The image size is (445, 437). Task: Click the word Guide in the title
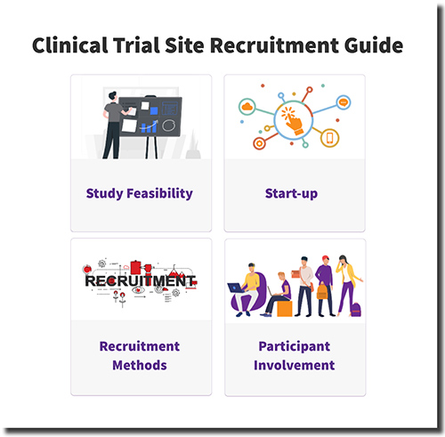(373, 45)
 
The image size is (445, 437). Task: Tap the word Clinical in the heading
(69, 45)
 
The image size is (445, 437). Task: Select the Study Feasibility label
(140, 193)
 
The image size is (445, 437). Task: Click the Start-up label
(291, 193)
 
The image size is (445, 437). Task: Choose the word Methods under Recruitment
(140, 365)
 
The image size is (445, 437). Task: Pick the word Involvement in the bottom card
(295, 365)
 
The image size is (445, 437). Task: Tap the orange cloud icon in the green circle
(247, 107)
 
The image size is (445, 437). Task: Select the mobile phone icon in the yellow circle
(329, 138)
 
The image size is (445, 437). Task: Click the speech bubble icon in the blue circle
(344, 102)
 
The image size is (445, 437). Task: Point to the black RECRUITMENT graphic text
(140, 281)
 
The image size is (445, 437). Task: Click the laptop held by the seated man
(236, 287)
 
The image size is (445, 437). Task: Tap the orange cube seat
(285, 309)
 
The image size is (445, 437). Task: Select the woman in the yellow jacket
(347, 285)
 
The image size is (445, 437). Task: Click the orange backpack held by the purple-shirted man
(322, 291)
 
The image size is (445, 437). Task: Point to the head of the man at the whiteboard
(112, 97)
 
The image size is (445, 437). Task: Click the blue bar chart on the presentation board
(150, 127)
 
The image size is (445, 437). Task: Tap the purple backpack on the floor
(355, 310)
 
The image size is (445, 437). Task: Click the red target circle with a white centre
(259, 143)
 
